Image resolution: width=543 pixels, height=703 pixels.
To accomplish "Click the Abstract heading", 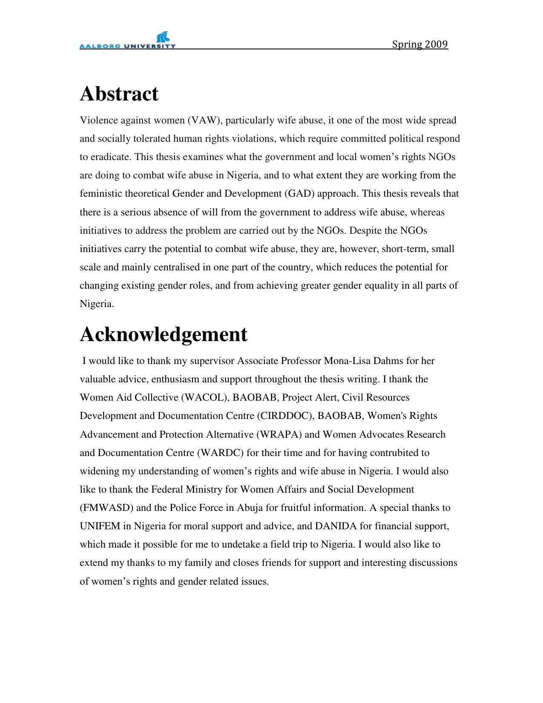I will (x=119, y=94).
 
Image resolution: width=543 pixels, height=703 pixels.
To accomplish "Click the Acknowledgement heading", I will (x=164, y=334).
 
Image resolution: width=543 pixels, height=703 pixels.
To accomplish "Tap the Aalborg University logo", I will (x=127, y=41).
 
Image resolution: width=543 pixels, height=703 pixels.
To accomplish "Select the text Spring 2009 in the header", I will (x=419, y=44).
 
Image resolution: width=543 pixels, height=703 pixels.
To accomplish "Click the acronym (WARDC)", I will (x=220, y=453).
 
